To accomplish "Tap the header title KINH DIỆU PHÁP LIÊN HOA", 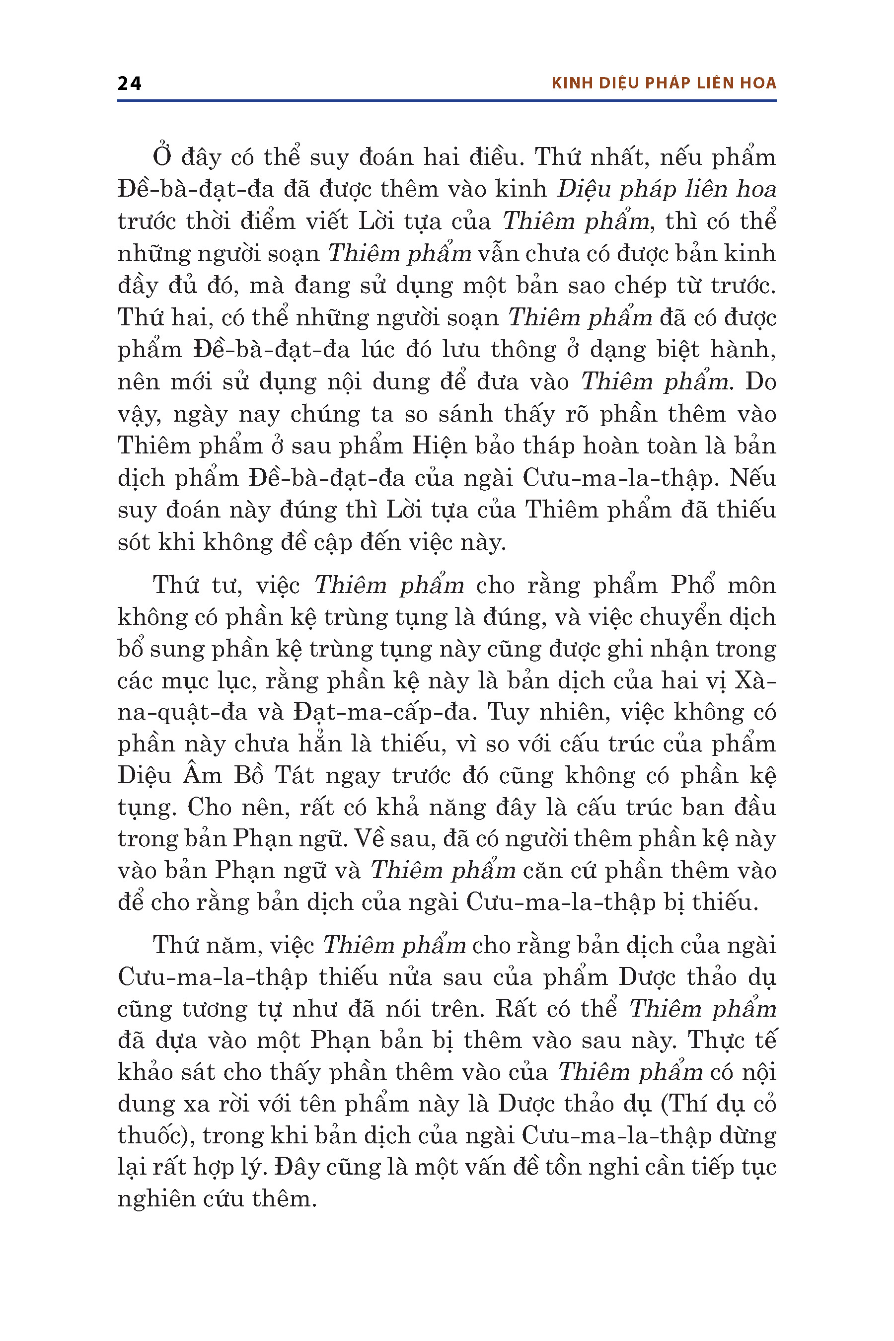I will pyautogui.click(x=664, y=83).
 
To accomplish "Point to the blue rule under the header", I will pyautogui.click(x=447, y=101).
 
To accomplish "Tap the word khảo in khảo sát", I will pyautogui.click(x=145, y=1072).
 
